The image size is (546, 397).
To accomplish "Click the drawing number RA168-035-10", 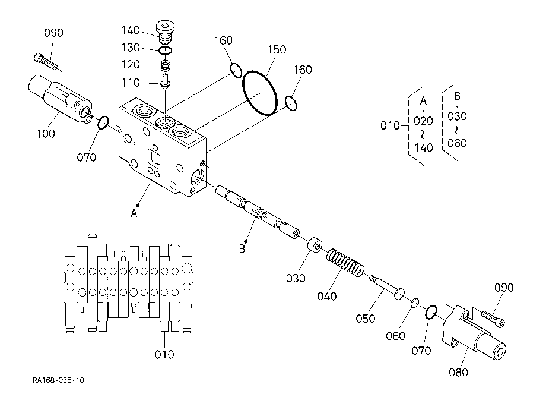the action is pos(59,380).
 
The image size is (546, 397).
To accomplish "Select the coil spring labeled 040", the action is pos(345,263).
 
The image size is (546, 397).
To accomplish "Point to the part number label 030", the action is pos(296,278).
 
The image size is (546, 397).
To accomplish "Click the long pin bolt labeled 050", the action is pos(387,288).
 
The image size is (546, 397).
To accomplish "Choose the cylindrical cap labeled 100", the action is pos(59,99).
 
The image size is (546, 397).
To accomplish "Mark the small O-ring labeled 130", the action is pos(165,51).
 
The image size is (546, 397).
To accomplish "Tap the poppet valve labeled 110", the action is pos(165,81).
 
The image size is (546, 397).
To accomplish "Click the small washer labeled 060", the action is pos(415,303).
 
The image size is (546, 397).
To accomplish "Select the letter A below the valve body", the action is pos(134,213).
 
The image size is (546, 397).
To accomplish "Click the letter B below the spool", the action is pos(242,249).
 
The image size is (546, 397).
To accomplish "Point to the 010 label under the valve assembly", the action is pos(164,354).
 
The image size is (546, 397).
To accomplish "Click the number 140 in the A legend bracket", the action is pos(423,148).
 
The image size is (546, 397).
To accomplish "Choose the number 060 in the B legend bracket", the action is pos(457,143).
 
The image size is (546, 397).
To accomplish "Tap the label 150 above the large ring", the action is pos(277,50).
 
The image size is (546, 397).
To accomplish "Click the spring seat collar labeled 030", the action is pos(315,245).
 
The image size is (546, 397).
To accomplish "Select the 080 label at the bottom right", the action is pos(458,372).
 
